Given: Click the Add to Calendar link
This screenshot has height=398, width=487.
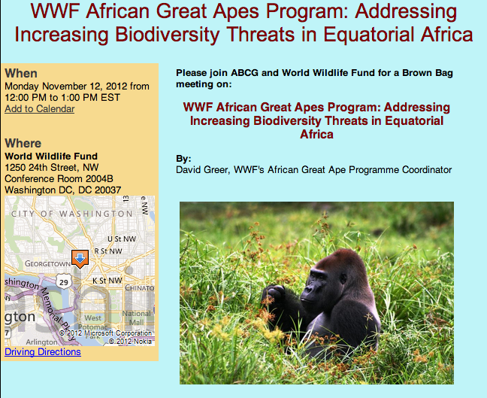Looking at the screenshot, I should pyautogui.click(x=39, y=109).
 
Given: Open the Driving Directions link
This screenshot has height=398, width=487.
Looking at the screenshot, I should pyautogui.click(x=43, y=352).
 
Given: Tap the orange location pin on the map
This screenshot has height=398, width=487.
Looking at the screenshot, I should pyautogui.click(x=78, y=258).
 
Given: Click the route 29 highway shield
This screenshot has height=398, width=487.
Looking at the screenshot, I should pyautogui.click(x=65, y=281).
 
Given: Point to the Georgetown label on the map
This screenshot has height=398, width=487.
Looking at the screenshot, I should pyautogui.click(x=47, y=264).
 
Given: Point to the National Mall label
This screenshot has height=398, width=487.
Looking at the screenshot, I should pyautogui.click(x=135, y=318).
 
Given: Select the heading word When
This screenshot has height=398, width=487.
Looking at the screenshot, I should pyautogui.click(x=21, y=73).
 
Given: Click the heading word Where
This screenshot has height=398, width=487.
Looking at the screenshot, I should pyautogui.click(x=23, y=143).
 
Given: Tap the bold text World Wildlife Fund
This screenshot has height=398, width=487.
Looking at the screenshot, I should pyautogui.click(x=51, y=156).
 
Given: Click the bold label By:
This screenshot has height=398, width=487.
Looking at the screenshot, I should pyautogui.click(x=183, y=159).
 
